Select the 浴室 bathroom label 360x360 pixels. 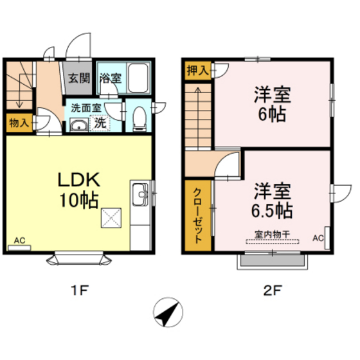(111, 78)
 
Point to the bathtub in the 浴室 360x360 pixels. (139, 78)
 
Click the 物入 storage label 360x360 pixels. (18, 122)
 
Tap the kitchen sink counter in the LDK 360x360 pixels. (139, 196)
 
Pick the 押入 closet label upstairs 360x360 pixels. (197, 71)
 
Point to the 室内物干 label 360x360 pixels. (273, 236)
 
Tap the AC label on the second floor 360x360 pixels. (318, 238)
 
